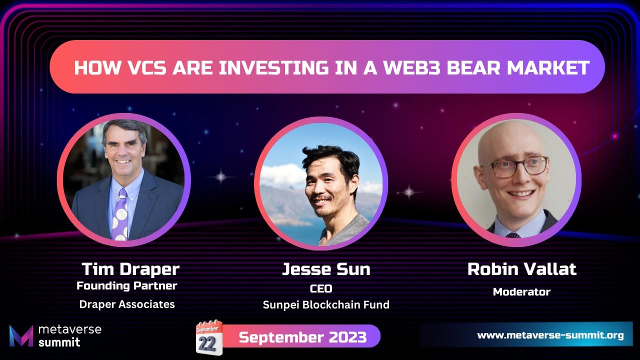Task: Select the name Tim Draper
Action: (130, 269)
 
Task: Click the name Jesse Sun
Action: (326, 269)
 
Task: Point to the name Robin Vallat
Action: (521, 269)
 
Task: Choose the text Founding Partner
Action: (127, 286)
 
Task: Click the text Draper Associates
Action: (127, 304)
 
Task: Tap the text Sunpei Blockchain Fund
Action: (326, 304)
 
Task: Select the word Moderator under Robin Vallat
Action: (521, 291)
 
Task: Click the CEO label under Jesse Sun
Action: (321, 288)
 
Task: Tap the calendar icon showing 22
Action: (209, 337)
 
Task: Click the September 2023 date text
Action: (302, 337)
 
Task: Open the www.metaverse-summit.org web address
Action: (550, 335)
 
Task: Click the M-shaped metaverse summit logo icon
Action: (21, 335)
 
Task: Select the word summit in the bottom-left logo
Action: (59, 342)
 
